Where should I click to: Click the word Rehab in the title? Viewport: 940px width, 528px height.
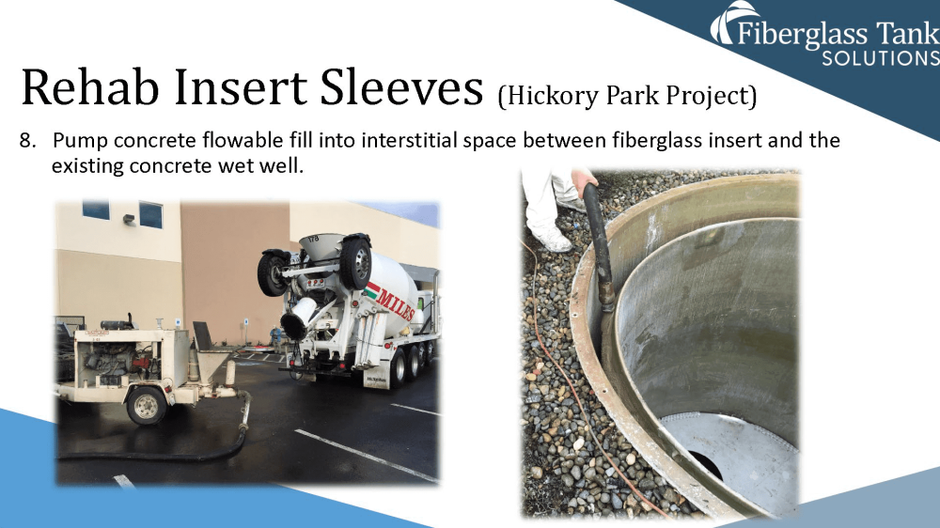(x=90, y=87)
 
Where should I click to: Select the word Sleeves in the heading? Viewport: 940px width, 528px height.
(x=401, y=87)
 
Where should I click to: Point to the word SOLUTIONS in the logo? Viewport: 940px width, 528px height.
(x=881, y=58)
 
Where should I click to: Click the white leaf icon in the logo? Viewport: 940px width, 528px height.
(x=730, y=22)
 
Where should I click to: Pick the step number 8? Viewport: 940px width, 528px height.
(x=27, y=140)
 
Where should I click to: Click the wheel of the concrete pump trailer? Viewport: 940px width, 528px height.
(x=147, y=406)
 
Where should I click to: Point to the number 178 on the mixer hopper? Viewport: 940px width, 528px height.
(x=314, y=240)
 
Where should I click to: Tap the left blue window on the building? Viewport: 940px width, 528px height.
(x=96, y=210)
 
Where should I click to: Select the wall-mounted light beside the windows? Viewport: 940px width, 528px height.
(x=129, y=219)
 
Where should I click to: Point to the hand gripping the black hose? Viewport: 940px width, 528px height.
(x=584, y=179)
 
